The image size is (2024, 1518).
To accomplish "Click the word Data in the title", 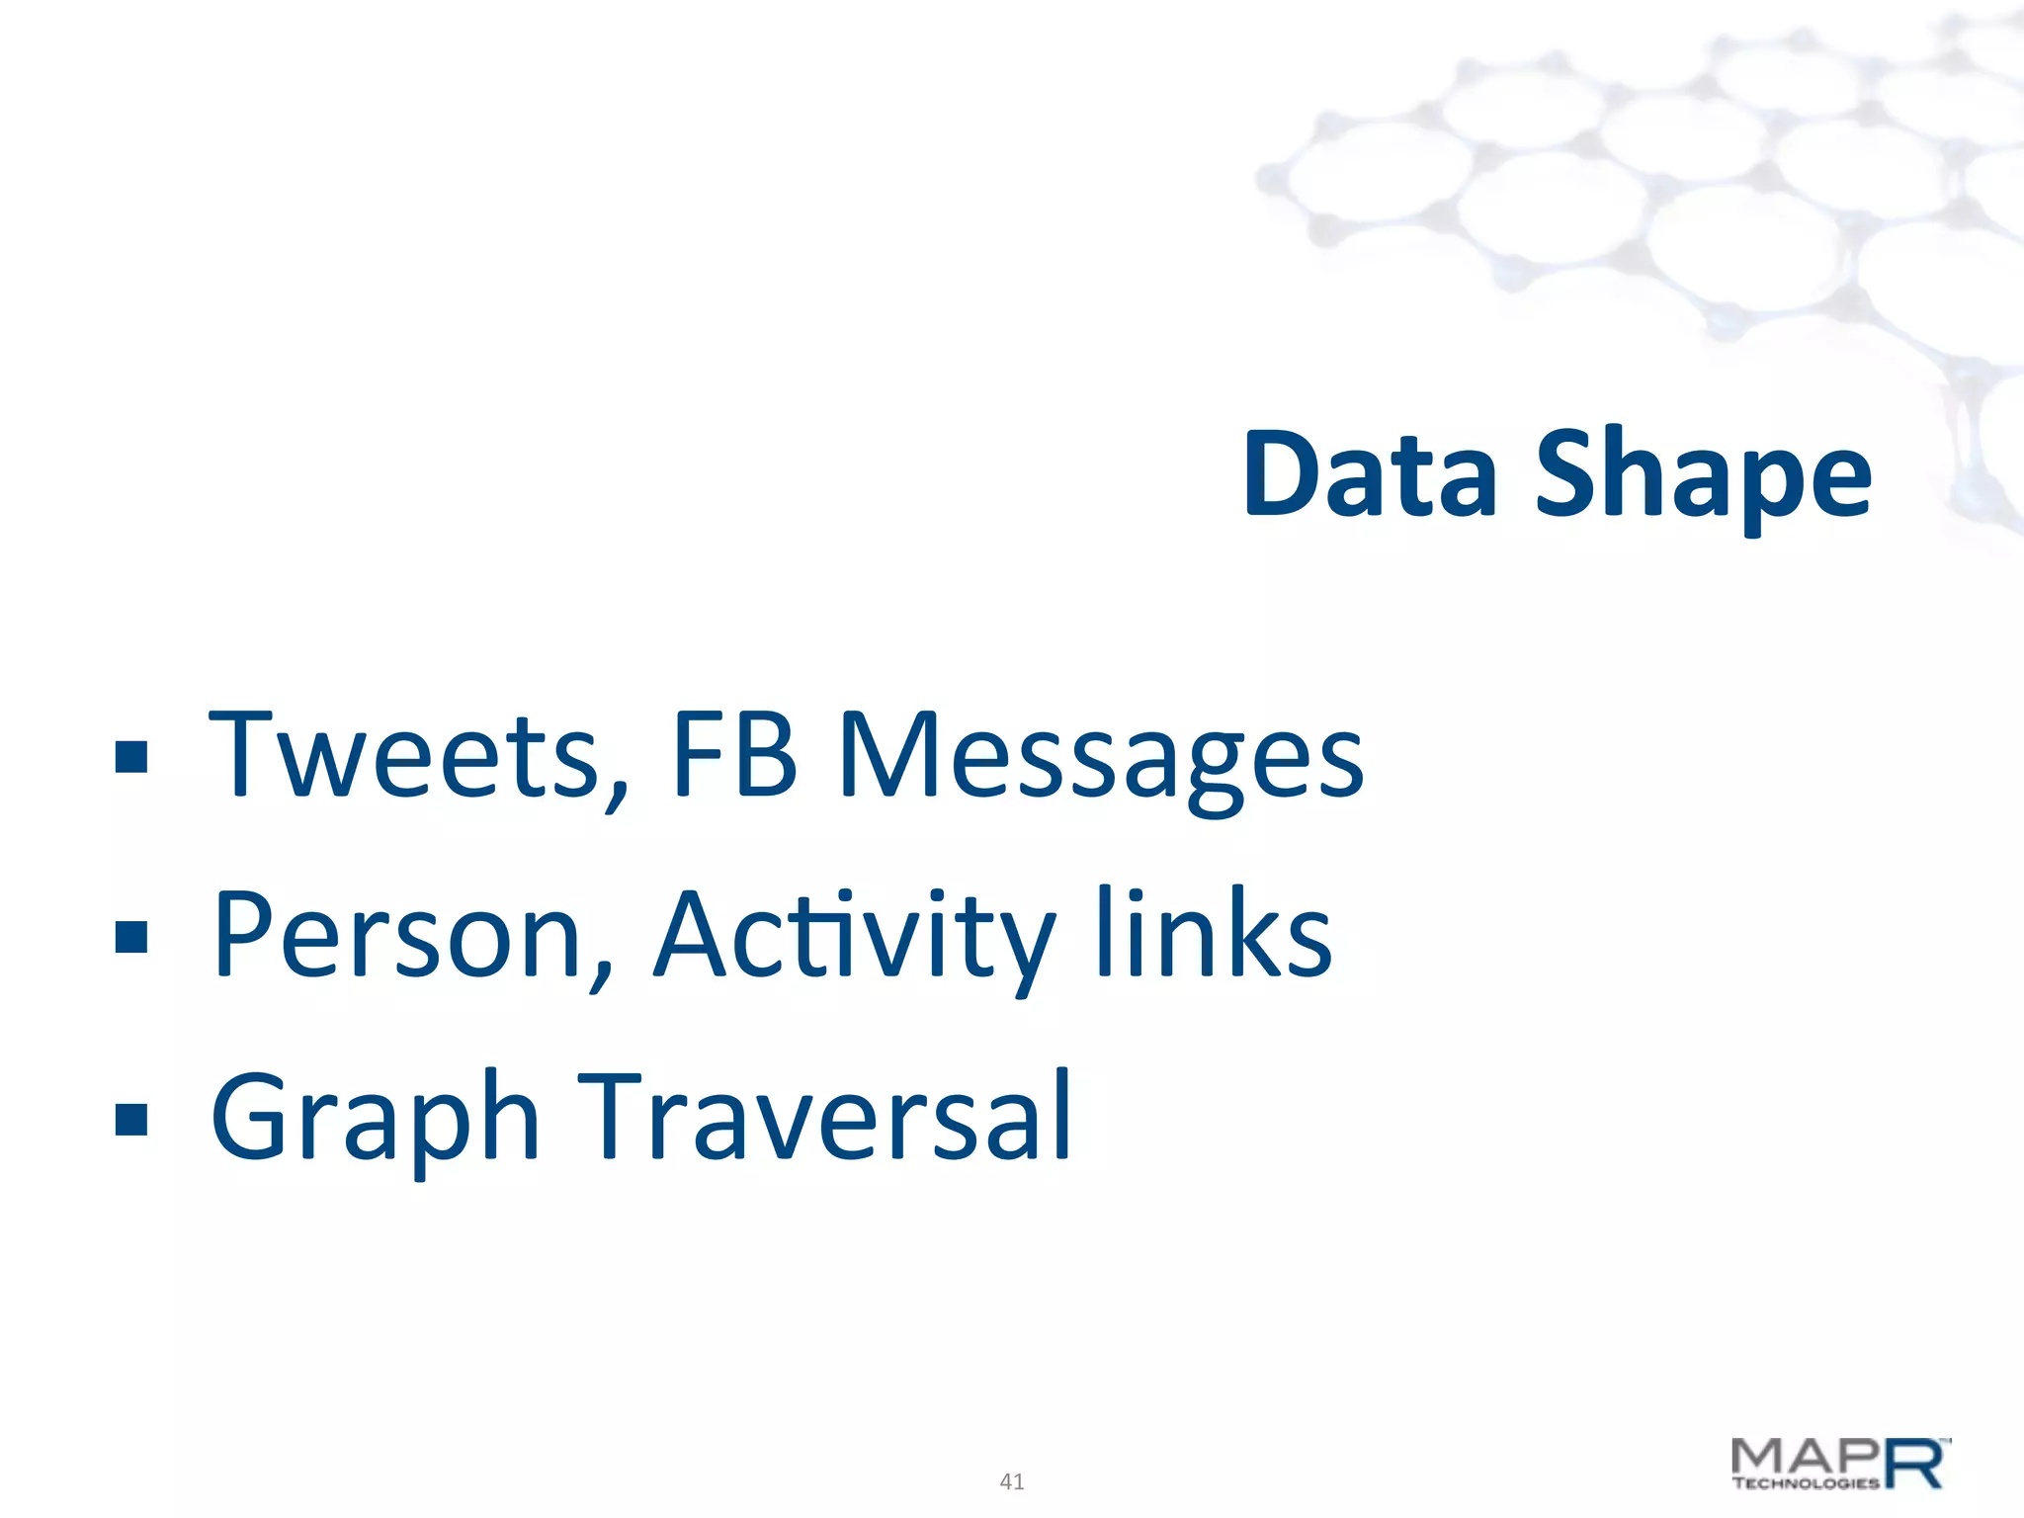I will [x=1369, y=474].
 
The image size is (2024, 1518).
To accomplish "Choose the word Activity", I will [x=856, y=937].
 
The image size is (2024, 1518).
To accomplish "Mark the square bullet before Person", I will [x=131, y=937].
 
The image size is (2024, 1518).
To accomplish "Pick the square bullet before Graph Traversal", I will [x=131, y=1119].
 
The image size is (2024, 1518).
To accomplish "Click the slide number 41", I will [x=1012, y=1481].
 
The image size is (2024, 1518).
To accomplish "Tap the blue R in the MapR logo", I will [x=1915, y=1465].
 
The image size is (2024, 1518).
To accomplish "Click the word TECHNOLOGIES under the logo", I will [x=1806, y=1482].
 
